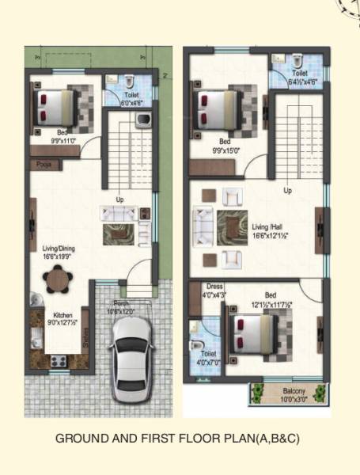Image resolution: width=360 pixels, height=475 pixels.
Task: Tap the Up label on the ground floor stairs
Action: pyautogui.click(x=120, y=199)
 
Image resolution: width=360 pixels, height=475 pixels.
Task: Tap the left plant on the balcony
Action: pyautogui.click(x=256, y=391)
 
